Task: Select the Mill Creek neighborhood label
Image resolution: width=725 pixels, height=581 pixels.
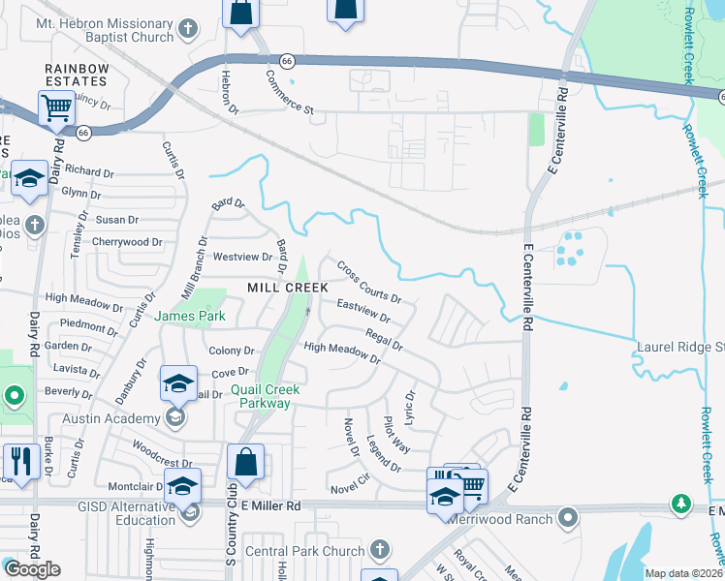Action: pos(287,288)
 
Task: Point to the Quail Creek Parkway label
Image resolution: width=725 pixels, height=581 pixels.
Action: pos(265,396)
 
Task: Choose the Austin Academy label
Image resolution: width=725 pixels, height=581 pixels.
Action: pos(111,418)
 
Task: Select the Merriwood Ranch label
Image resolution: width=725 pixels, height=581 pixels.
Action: pos(500,519)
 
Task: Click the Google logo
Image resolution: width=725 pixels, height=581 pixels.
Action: pos(32,569)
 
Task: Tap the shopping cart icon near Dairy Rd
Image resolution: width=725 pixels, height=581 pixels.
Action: pos(57,108)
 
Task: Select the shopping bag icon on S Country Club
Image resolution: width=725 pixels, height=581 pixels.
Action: pos(246,463)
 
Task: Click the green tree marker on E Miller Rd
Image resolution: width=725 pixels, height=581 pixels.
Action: pos(682,504)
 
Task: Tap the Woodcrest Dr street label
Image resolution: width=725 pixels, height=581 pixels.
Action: pos(155,449)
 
